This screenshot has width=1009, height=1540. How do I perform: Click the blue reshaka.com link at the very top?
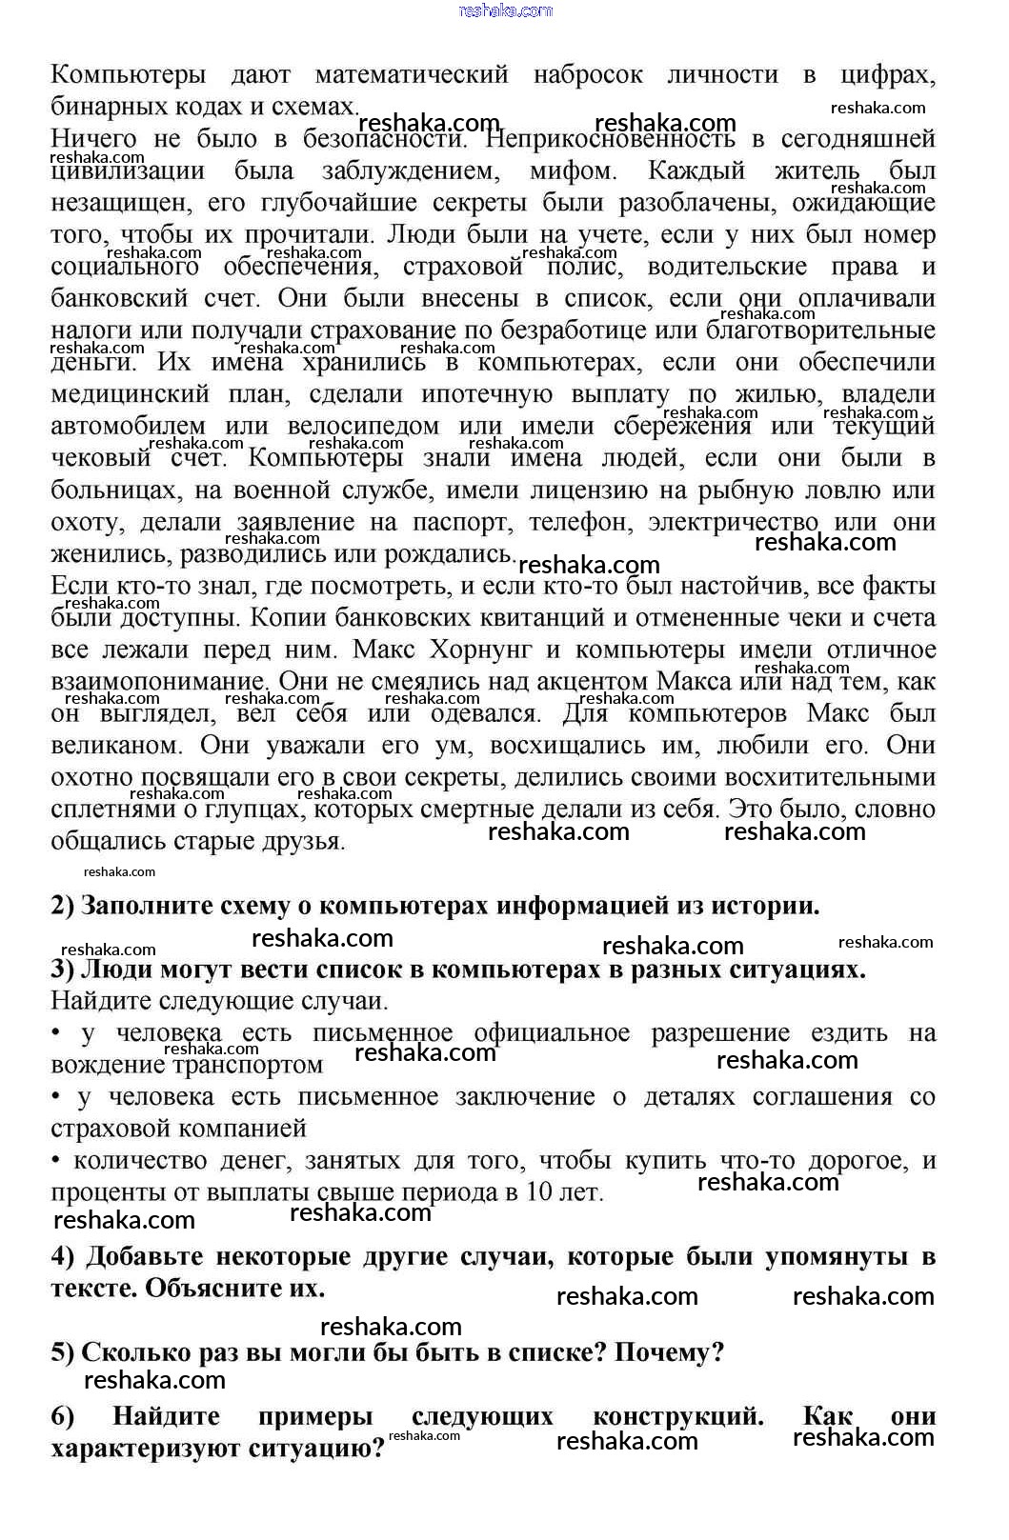coord(505,10)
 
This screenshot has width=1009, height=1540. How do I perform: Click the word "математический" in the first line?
coord(412,75)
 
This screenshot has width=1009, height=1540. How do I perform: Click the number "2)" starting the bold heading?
coord(63,906)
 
